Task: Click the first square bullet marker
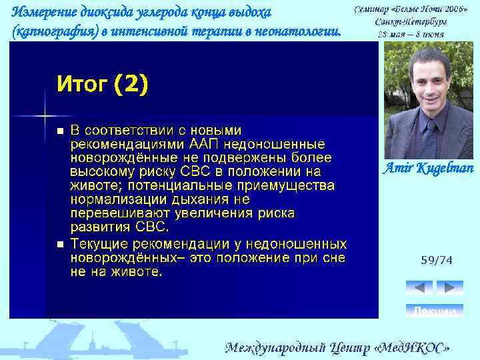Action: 60,131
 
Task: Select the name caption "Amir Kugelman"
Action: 428,168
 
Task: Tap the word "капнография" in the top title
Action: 53,31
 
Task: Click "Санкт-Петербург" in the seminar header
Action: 411,21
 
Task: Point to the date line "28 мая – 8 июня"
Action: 411,32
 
